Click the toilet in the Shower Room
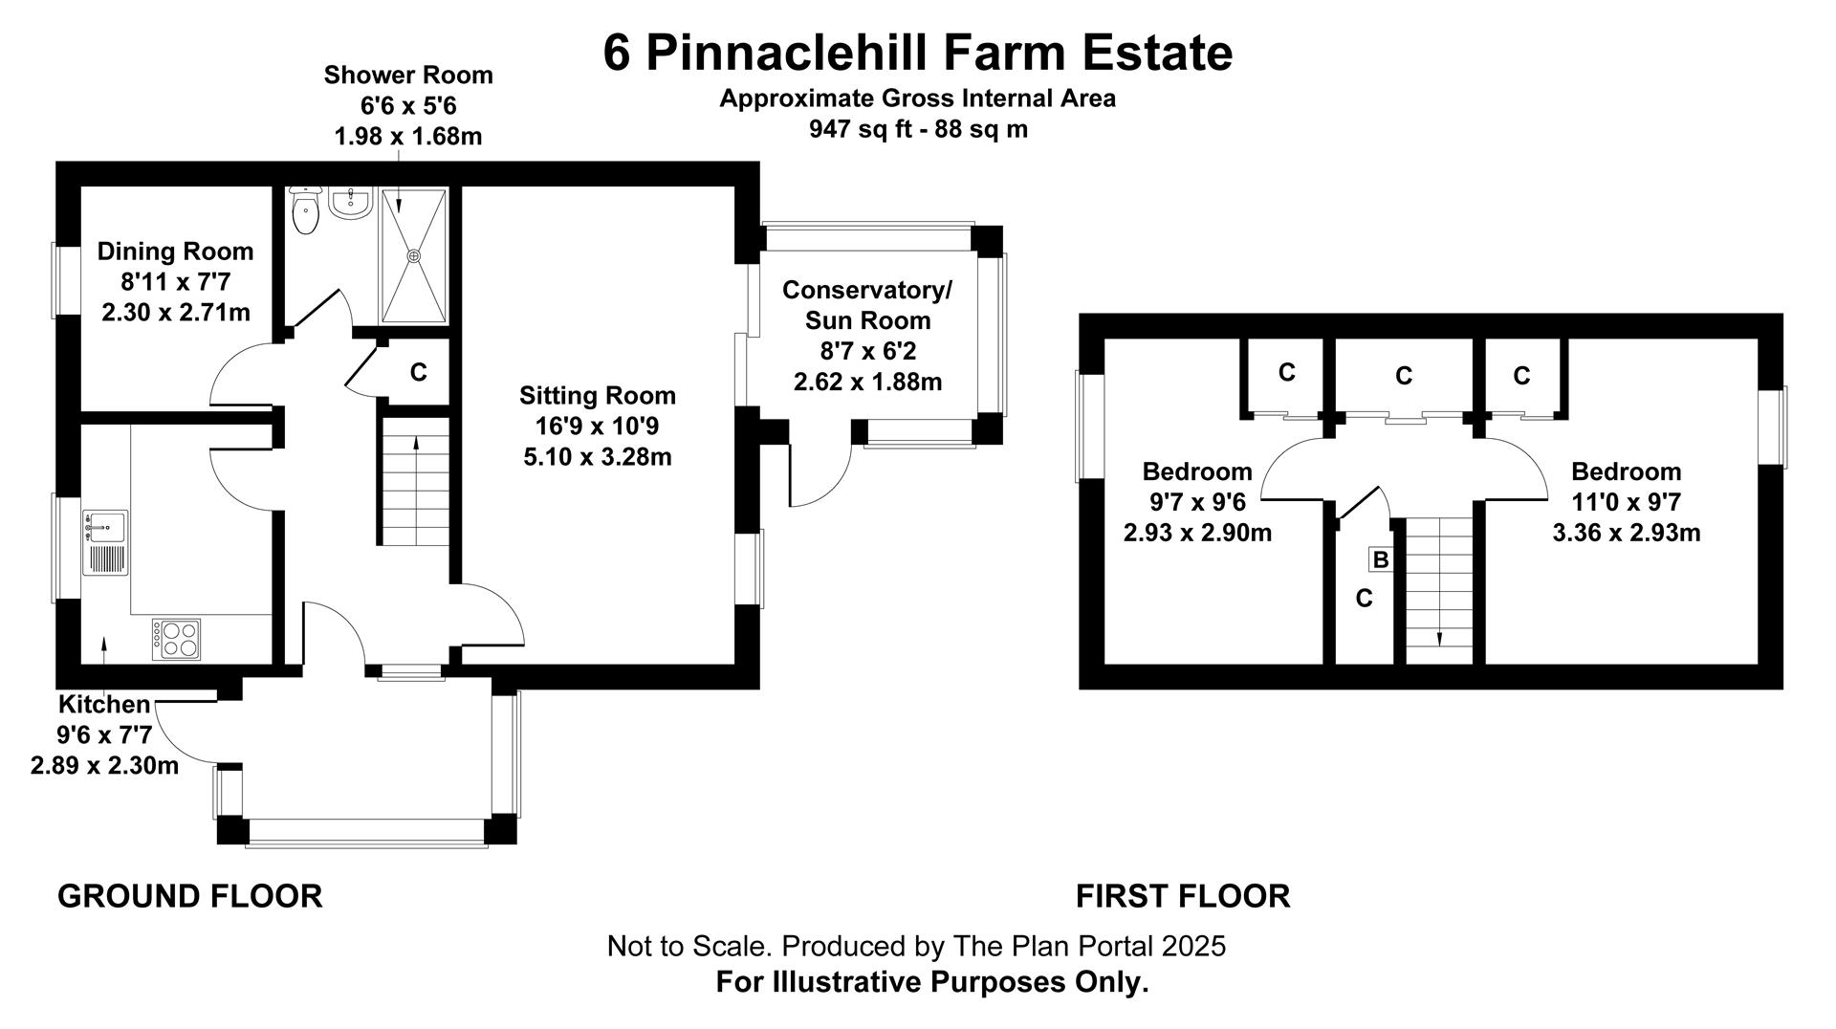(305, 210)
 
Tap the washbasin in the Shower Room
(350, 203)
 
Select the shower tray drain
(414, 256)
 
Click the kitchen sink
(105, 542)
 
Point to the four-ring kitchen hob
(176, 639)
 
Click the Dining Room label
(176, 252)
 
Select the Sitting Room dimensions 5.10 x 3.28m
(598, 457)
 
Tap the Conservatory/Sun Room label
(867, 305)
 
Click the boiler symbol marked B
(1381, 559)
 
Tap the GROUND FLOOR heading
(190, 897)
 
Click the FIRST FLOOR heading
(1183, 897)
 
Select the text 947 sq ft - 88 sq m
(918, 129)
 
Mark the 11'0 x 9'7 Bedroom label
(1626, 502)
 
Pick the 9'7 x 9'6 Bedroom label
(1197, 502)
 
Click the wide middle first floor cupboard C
(1404, 376)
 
